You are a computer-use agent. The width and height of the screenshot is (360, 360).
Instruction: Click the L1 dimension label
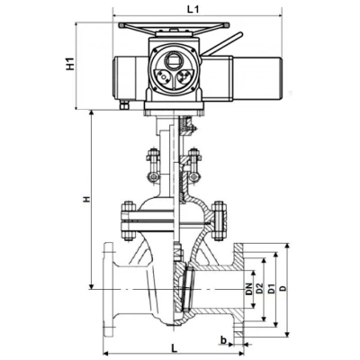pos(193,9)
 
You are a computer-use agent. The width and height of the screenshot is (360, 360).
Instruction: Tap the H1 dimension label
pos(70,64)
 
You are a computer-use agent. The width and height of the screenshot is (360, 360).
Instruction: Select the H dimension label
pos(86,199)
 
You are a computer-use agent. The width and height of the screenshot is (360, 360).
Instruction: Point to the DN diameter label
pos(248,289)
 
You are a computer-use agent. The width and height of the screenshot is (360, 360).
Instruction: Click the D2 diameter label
pos(260,288)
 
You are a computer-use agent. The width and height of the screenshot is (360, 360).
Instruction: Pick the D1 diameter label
pos(272,288)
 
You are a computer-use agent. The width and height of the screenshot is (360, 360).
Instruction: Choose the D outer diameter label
pos(283,289)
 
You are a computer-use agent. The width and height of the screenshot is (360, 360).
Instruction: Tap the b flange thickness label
pos(223,340)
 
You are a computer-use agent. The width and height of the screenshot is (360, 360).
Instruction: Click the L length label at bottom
pos(174,348)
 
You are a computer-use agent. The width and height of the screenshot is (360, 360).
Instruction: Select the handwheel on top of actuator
pos(174,26)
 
